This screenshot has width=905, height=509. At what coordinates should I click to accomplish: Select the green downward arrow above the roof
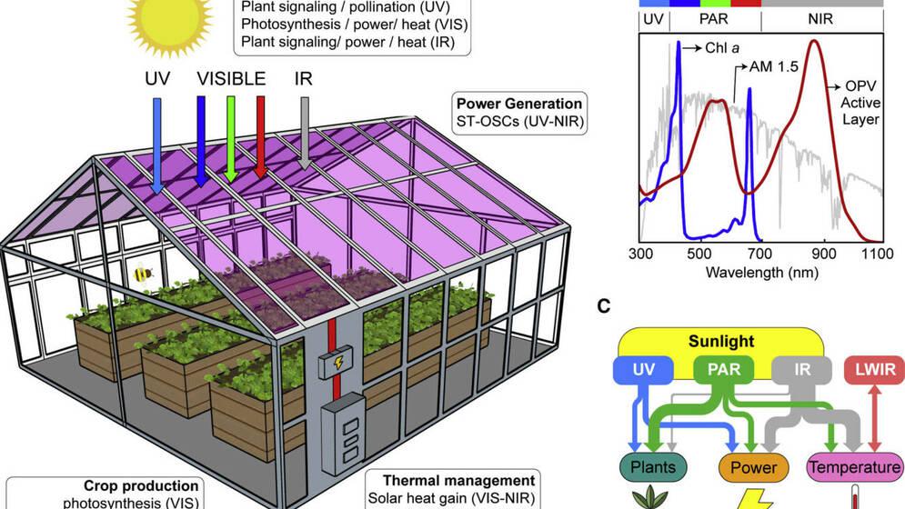coord(231,136)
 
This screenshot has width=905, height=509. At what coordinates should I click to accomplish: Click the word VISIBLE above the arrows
coord(231,78)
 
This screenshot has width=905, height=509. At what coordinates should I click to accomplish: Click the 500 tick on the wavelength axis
coord(699,254)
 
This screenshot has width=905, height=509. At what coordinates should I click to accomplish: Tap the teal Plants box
coord(657,467)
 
